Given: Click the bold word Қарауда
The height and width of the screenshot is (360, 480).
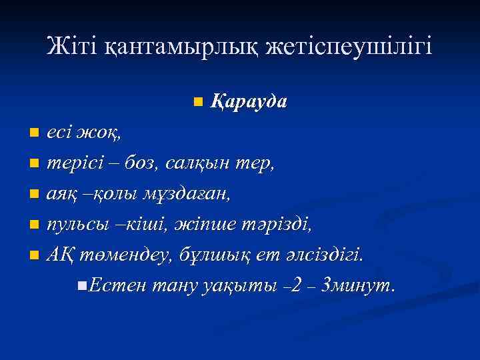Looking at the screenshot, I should coord(249,102).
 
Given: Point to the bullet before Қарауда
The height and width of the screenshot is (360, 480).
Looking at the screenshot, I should coord(197,103).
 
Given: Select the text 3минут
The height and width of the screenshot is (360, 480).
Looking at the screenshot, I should coord(358,285).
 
